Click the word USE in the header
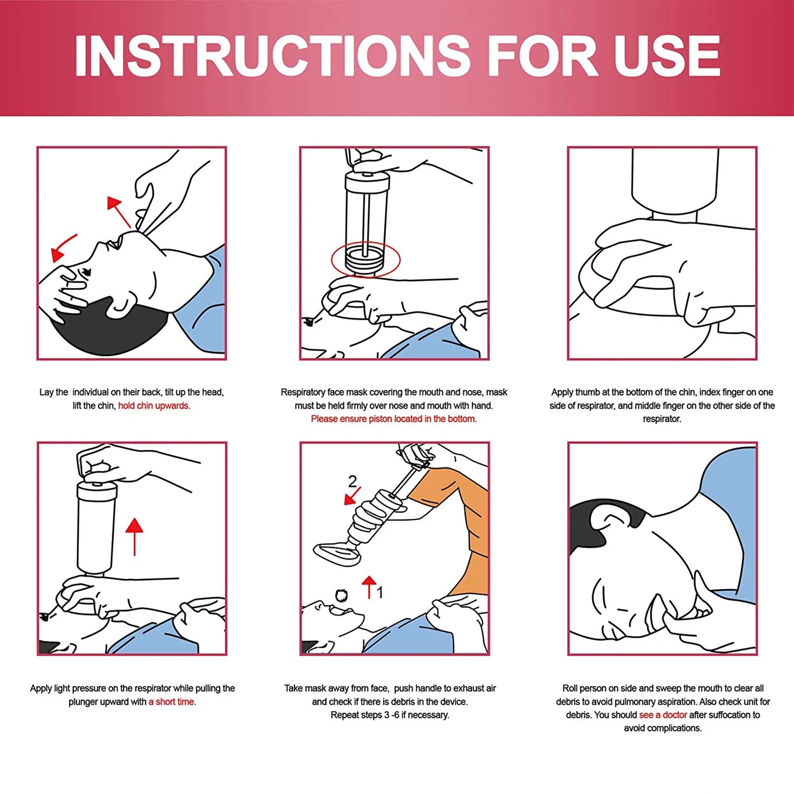pos(667,56)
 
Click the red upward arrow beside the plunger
pos(134,536)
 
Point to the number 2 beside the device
pos(352,481)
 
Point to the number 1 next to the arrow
pos(380,592)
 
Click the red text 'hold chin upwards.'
pos(154,406)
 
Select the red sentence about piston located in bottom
pos(394,419)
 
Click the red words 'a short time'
pos(172,702)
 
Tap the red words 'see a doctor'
pos(663,715)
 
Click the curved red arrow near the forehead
pos(63,247)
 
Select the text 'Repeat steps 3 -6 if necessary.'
pos(390,715)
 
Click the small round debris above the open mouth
pos(341,595)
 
